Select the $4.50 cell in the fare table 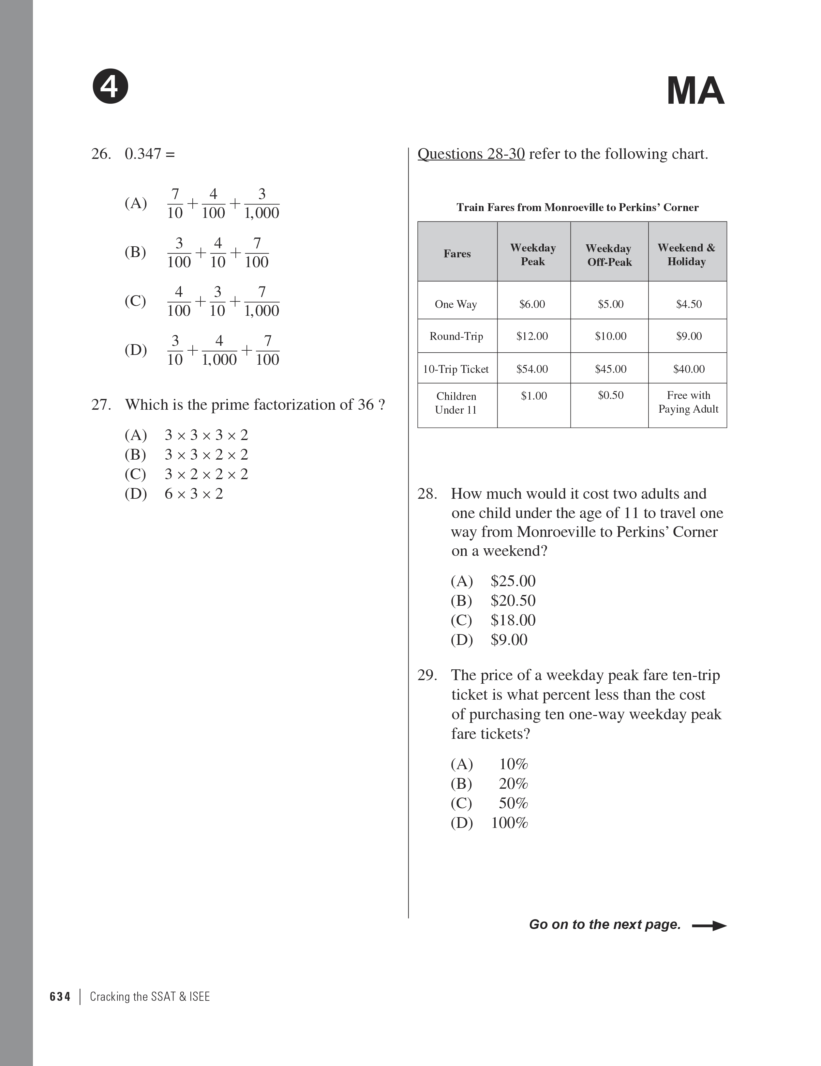click(x=688, y=304)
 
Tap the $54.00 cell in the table click(x=532, y=369)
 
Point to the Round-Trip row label click(x=456, y=336)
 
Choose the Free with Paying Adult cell click(x=688, y=402)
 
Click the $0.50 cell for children click(x=610, y=395)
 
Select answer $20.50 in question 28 click(x=513, y=600)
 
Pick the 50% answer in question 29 click(x=513, y=803)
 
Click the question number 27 click(x=101, y=404)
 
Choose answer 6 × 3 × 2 click(x=194, y=494)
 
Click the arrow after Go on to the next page click(x=709, y=925)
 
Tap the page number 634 click(x=60, y=997)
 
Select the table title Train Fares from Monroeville click(x=577, y=207)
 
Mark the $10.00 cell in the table click(x=610, y=336)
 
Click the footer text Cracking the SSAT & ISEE click(x=150, y=997)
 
